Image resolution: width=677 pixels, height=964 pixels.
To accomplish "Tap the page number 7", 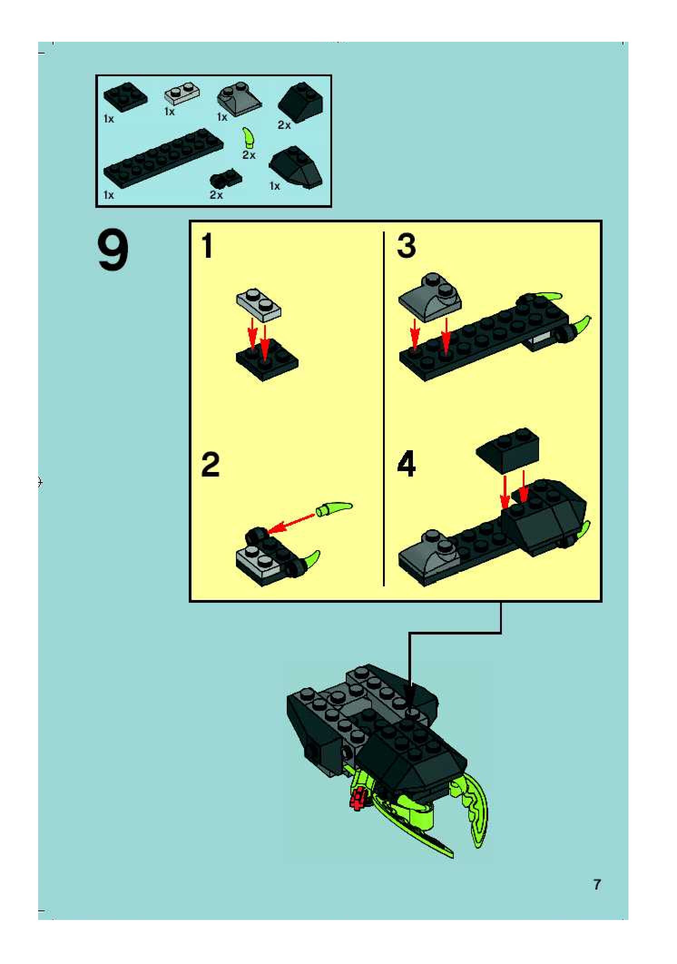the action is (x=597, y=884).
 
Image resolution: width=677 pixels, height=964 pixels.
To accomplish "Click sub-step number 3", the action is (x=406, y=246).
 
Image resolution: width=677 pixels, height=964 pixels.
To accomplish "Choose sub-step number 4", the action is (x=406, y=464).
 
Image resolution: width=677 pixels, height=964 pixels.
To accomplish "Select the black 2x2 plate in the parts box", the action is (x=125, y=96).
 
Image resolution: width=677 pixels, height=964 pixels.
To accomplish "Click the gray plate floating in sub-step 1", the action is (x=258, y=304).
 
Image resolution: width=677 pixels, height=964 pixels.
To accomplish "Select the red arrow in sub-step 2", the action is (x=290, y=522).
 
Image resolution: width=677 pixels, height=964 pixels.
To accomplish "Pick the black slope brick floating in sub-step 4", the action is (x=507, y=449).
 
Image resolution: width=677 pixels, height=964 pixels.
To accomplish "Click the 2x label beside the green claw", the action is (x=249, y=155).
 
